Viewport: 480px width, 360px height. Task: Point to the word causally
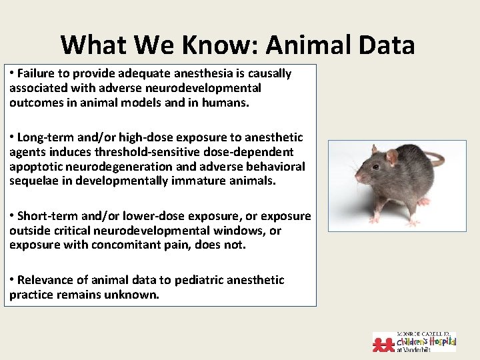[x=270, y=73]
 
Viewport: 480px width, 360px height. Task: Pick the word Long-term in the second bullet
[x=43, y=137]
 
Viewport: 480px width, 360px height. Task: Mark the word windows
[x=239, y=230]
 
